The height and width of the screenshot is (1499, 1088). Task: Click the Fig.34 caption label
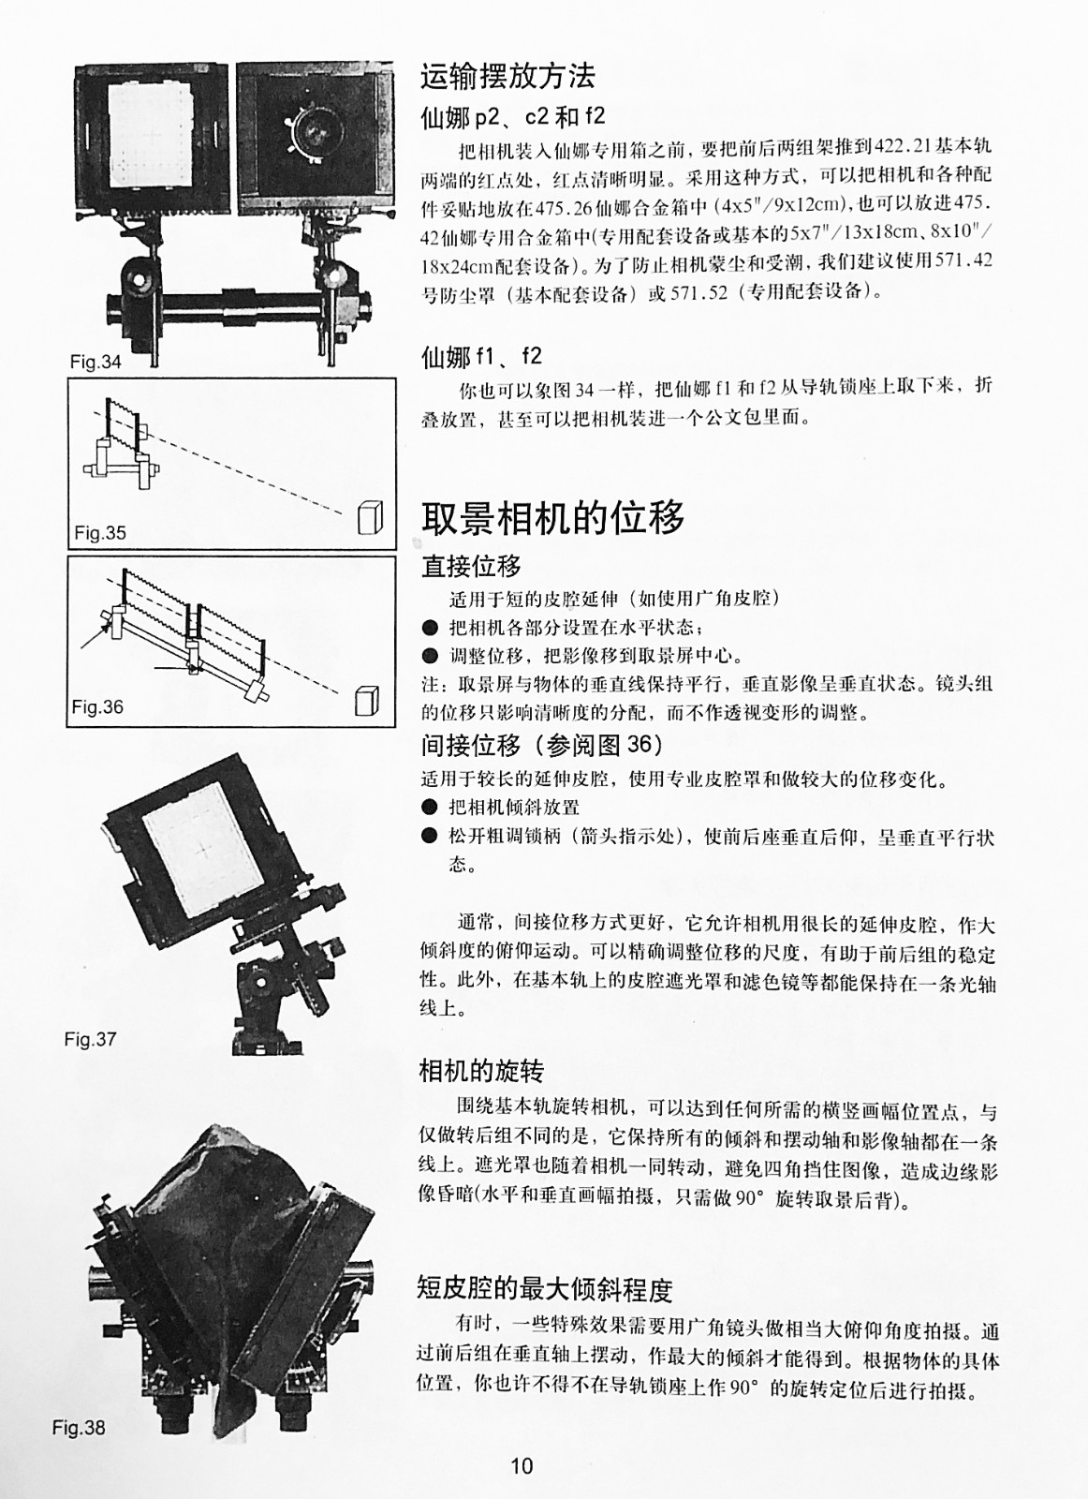coord(96,362)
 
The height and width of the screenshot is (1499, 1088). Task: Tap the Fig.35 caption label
coord(99,533)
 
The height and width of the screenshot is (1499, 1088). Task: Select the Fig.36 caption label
coord(97,706)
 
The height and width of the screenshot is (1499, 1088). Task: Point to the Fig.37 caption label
coord(90,1039)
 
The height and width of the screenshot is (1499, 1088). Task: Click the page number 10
coord(522,1466)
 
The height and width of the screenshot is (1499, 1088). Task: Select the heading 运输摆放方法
coord(507,76)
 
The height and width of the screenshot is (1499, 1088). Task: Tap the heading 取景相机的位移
coord(552,518)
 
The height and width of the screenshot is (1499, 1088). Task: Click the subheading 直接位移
coord(471,566)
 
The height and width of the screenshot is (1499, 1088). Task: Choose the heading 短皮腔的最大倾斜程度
coord(544,1288)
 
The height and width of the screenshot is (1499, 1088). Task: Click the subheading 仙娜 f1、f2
coord(481,357)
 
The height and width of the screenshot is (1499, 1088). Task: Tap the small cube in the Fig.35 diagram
coord(371,517)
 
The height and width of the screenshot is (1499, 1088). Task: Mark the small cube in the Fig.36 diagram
coord(366,700)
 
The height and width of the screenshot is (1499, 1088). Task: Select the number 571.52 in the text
coord(698,293)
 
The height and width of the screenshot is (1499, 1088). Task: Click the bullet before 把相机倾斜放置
coord(430,808)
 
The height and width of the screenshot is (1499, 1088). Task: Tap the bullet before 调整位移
coord(430,656)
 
